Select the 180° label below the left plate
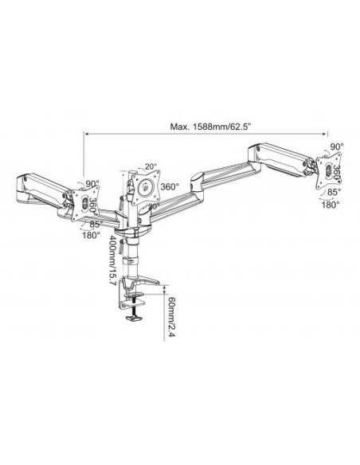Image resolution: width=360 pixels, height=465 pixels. (x=90, y=236)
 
